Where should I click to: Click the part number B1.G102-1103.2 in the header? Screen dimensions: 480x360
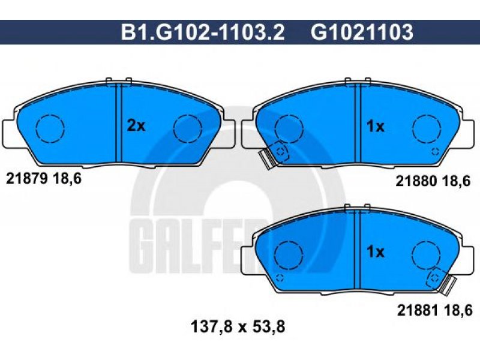(203, 32)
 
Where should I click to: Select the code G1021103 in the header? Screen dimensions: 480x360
(362, 32)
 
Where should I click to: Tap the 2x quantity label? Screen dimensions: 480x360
(136, 126)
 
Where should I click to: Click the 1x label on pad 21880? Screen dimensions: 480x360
(376, 126)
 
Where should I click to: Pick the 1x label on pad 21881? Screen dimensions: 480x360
(376, 252)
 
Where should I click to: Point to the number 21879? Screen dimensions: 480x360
(27, 178)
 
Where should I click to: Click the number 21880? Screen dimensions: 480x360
(416, 181)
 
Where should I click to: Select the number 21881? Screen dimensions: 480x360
(418, 311)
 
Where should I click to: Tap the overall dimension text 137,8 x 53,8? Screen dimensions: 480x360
(238, 326)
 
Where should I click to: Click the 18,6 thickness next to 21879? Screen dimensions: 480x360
(67, 179)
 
